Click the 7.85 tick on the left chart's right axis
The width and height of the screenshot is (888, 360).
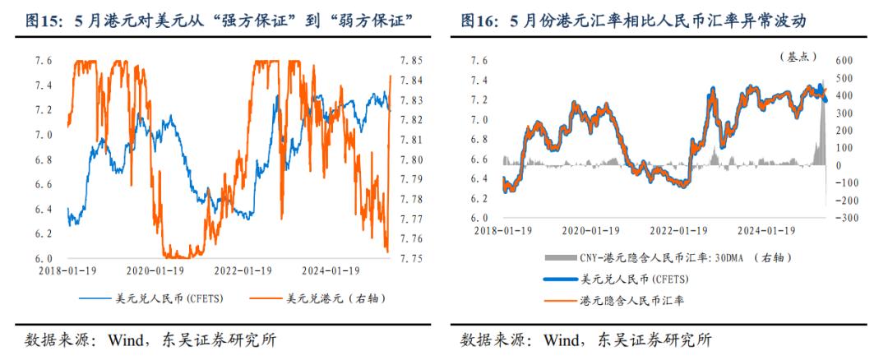[x=411, y=61]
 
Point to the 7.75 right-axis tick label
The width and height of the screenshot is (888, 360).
[x=411, y=258]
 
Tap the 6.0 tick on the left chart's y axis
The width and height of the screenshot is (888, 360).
[x=44, y=258]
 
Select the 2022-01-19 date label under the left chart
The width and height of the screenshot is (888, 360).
[x=243, y=270]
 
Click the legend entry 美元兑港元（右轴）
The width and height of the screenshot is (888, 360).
[x=332, y=297]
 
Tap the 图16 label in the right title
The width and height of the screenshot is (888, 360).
[x=480, y=19]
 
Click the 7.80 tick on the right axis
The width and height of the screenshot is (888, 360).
[x=411, y=159]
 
